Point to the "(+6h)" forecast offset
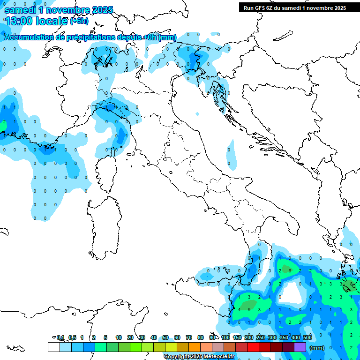point(79,21)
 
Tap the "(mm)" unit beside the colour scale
point(317,347)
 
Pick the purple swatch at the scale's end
point(300,347)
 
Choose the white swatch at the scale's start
point(53,347)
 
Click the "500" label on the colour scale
point(307,337)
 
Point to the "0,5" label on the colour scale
point(72,337)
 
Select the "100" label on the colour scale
point(225,337)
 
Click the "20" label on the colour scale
point(130,337)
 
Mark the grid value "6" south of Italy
point(290,270)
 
